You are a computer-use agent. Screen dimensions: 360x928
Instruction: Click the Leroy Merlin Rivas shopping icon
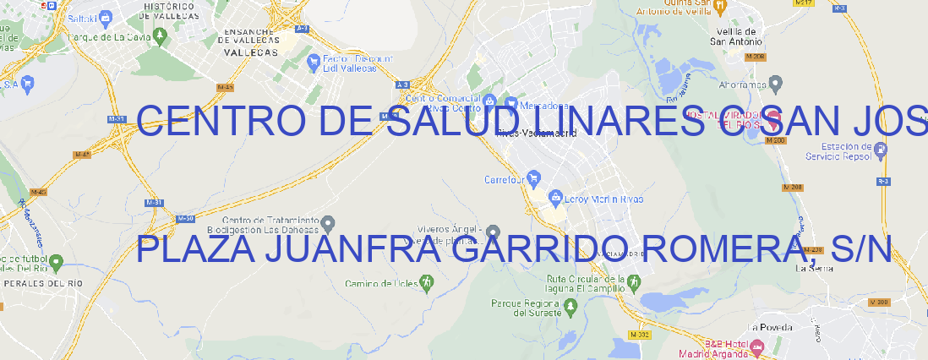555,199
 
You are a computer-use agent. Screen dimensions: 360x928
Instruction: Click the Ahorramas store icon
777,84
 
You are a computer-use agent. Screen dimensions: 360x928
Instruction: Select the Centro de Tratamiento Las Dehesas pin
329,223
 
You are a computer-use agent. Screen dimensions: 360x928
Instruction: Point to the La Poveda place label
770,327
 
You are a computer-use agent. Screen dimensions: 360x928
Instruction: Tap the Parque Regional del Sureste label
526,308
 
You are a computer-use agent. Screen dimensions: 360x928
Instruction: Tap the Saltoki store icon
106,17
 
